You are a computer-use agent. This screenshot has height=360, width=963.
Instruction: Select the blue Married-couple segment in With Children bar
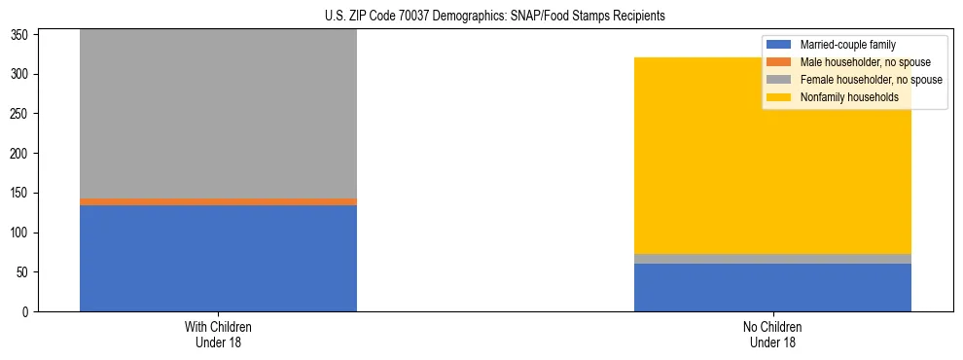click(218, 258)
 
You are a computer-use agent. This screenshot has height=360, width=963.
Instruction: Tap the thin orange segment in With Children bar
click(218, 201)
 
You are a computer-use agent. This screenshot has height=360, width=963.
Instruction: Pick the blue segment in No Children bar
click(772, 287)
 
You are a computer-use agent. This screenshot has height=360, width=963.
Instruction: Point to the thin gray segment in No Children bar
click(772, 259)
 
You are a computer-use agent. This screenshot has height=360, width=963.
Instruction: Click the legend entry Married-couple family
click(847, 45)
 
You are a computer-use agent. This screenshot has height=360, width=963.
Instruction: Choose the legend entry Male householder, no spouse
click(865, 62)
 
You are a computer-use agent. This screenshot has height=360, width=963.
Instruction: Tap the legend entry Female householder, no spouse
click(871, 80)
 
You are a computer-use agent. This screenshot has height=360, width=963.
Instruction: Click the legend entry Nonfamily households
click(849, 97)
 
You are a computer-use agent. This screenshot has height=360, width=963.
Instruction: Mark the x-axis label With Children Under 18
click(218, 334)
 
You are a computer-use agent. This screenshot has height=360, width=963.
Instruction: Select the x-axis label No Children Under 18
click(772, 334)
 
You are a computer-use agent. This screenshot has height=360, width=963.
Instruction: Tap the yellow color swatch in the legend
click(779, 97)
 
